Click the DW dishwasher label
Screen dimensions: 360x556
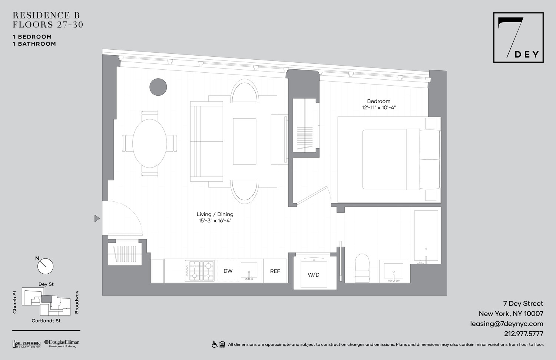click(x=228, y=271)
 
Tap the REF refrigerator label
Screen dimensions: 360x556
click(x=275, y=271)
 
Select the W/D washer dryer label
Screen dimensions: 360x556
click(x=314, y=275)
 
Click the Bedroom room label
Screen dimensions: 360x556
click(x=378, y=101)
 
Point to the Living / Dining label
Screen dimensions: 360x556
click(x=215, y=214)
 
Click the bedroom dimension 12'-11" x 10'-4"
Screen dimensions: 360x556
click(x=378, y=108)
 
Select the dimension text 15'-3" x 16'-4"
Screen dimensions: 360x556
click(x=215, y=221)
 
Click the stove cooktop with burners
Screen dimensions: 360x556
click(x=200, y=271)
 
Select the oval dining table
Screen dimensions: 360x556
click(x=149, y=143)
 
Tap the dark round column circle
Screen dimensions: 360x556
click(x=158, y=87)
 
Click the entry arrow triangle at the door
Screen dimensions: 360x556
click(x=97, y=218)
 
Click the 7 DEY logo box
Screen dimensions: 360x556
click(x=518, y=37)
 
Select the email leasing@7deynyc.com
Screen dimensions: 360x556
click(x=506, y=324)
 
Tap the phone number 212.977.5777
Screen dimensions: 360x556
click(x=523, y=334)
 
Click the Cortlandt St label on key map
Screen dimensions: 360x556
click(x=46, y=321)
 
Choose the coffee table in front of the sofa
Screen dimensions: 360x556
click(x=244, y=141)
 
